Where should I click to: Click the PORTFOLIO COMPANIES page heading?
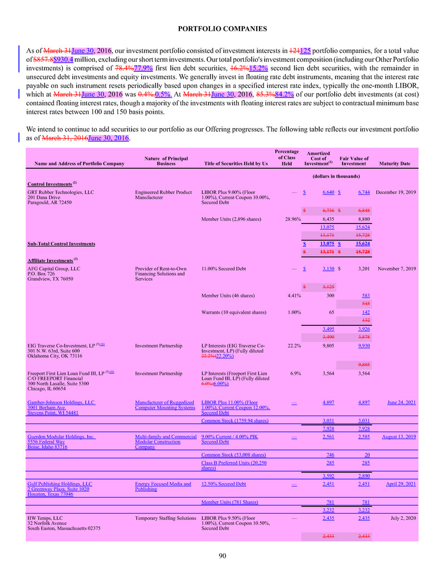(x=222, y=28)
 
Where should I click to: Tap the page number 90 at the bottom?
(x=222, y=556)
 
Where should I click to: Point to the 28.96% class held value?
(x=289, y=219)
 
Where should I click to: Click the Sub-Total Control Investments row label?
(x=61, y=243)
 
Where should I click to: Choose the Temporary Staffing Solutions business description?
(x=165, y=518)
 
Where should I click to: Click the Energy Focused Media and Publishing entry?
(x=163, y=487)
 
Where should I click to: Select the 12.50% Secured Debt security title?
(x=223, y=484)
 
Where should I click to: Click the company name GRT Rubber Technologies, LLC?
(x=61, y=192)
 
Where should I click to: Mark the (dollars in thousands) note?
(x=340, y=176)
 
